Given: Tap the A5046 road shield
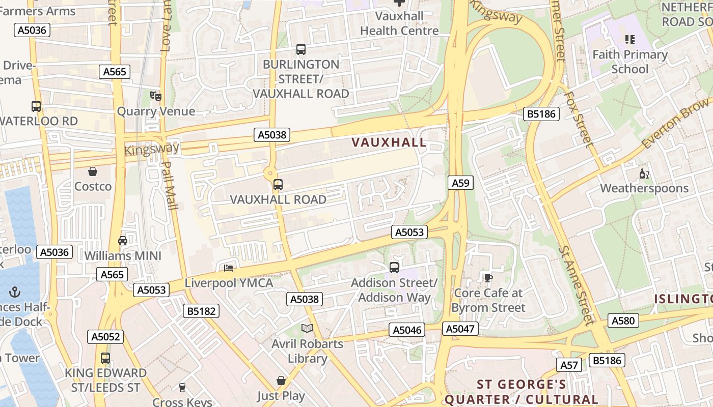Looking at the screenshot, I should pyautogui.click(x=407, y=330).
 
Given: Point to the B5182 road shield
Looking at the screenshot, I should pyautogui.click(x=201, y=311).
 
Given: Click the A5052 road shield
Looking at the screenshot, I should pyautogui.click(x=105, y=336).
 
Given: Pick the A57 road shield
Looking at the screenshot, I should pyautogui.click(x=570, y=365).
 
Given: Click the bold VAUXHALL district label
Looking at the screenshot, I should pyautogui.click(x=389, y=142).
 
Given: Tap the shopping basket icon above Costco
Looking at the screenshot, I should pyautogui.click(x=93, y=171).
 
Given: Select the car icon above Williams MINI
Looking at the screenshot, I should pyautogui.click(x=123, y=240).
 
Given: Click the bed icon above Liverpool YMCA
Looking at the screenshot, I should pyautogui.click(x=229, y=268).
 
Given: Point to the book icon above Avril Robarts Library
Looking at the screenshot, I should pyautogui.click(x=307, y=329).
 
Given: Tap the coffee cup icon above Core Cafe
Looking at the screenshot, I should pyautogui.click(x=488, y=278).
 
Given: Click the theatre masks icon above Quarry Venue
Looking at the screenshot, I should pyautogui.click(x=156, y=95).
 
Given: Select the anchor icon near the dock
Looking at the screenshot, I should pyautogui.click(x=15, y=292).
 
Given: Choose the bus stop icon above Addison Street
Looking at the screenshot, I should pyautogui.click(x=394, y=268).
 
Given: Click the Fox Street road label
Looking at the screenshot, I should pyautogui.click(x=579, y=120).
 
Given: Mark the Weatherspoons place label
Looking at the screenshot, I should pyautogui.click(x=644, y=188).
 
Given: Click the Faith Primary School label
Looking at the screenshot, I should pyautogui.click(x=630, y=62).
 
